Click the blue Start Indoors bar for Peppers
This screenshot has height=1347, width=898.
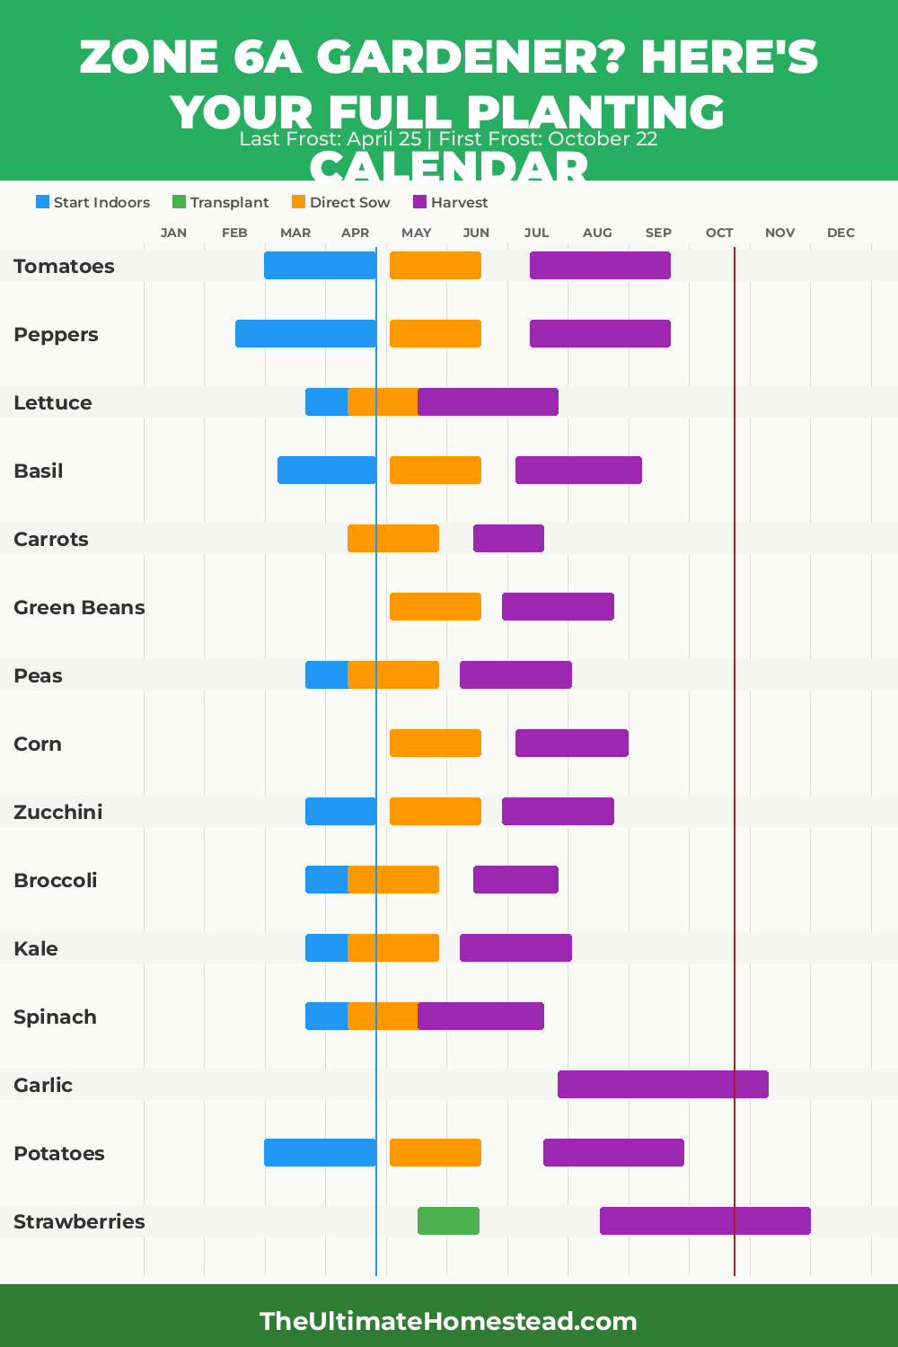coord(305,333)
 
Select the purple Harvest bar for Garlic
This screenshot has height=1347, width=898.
coord(663,1084)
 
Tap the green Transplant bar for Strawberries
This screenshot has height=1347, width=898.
coord(448,1220)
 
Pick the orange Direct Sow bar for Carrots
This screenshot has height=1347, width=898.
coord(393,538)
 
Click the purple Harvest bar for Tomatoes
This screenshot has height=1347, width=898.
coord(600,265)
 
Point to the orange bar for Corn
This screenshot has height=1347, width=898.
coord(436,743)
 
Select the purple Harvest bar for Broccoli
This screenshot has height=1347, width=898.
coord(515,879)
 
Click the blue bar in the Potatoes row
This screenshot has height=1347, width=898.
coord(320,1152)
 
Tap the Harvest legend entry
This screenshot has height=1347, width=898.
coord(451,202)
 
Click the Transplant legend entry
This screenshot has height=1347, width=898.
coord(221,202)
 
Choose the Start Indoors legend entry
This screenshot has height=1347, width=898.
coord(93,202)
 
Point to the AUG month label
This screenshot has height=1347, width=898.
coord(597,233)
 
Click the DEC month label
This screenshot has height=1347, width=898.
coord(841,233)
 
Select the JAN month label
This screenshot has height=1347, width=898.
coord(173,233)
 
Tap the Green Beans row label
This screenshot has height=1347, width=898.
coord(79,607)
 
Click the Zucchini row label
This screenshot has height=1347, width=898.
coord(58,812)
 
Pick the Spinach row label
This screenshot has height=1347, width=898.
coord(55,1017)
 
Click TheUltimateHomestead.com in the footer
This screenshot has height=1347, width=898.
coord(448,1321)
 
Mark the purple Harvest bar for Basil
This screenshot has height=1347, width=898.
coord(578,470)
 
